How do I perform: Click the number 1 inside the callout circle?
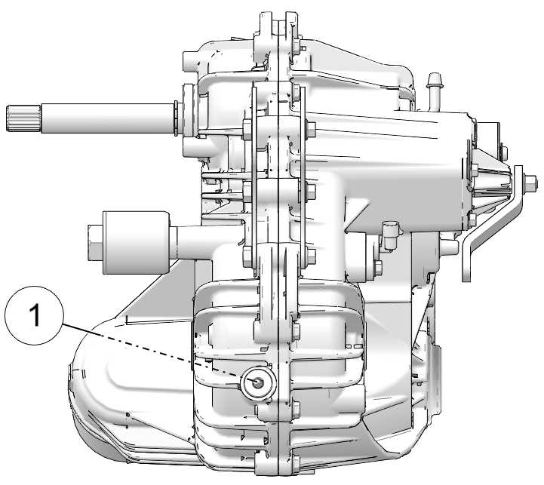click(35, 315)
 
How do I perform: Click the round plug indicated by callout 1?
click(258, 382)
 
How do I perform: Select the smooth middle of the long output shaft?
click(107, 118)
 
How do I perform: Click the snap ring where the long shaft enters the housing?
click(176, 118)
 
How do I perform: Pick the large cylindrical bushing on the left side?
click(135, 242)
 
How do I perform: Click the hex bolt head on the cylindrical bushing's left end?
click(95, 242)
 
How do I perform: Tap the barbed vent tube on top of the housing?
click(434, 91)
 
